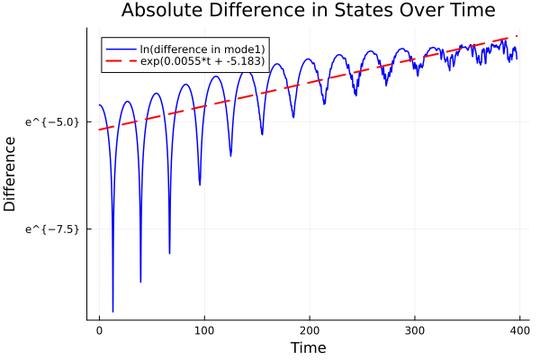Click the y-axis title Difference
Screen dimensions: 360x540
click(x=11, y=174)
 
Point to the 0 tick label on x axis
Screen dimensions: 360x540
click(x=99, y=329)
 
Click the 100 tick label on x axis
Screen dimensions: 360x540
click(x=204, y=329)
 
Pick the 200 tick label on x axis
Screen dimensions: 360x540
click(x=310, y=329)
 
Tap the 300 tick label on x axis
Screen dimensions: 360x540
click(x=415, y=329)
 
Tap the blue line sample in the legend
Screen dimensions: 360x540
click(x=120, y=49)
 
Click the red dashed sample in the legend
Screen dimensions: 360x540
click(x=120, y=62)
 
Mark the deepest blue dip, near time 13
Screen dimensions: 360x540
click(x=112, y=310)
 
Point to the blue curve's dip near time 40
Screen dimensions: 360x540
click(x=140, y=281)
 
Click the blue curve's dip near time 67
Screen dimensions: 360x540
click(x=169, y=253)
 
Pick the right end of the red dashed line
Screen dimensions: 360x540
click(x=517, y=37)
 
